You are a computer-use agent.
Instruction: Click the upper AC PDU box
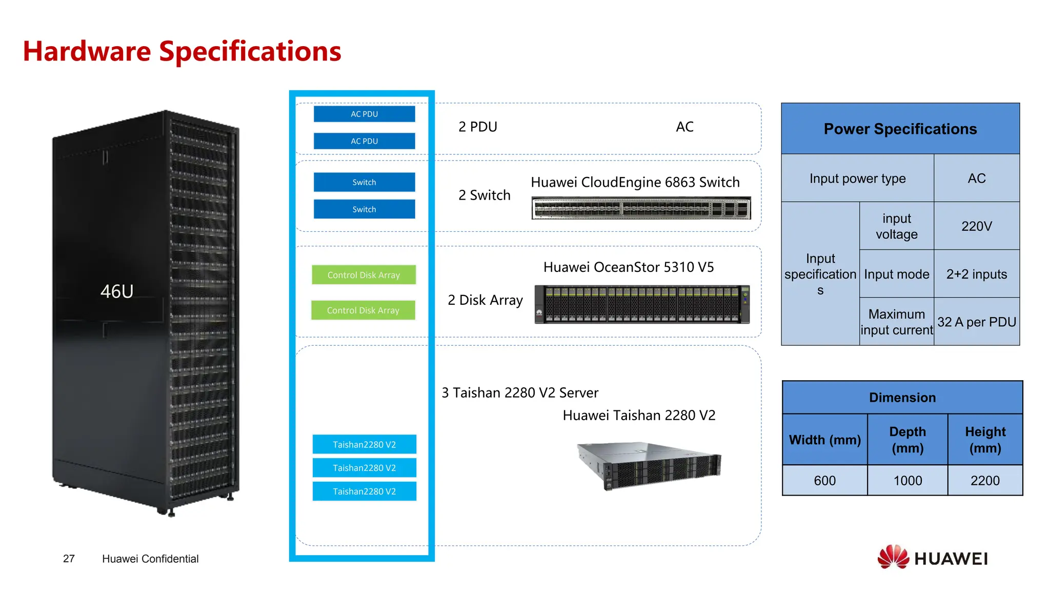click(364, 114)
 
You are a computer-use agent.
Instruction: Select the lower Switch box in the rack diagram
click(364, 209)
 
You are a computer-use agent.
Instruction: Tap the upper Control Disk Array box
click(364, 275)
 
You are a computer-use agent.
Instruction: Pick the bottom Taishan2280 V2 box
click(364, 491)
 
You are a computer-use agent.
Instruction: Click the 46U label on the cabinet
click(117, 291)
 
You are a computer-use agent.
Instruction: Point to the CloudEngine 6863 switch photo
click(641, 208)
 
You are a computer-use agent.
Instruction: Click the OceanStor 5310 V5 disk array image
click(642, 304)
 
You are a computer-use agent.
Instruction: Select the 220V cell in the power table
click(976, 226)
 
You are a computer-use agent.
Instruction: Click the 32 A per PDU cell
click(976, 322)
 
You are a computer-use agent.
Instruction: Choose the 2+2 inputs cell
click(976, 274)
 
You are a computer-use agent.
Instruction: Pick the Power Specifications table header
click(900, 129)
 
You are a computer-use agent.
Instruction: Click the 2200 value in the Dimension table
click(984, 481)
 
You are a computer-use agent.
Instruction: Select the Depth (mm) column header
click(907, 440)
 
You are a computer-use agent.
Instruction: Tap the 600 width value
click(824, 481)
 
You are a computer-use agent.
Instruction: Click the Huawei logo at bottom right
click(933, 558)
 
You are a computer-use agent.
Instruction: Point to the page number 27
click(69, 559)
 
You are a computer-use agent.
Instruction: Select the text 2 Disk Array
click(485, 300)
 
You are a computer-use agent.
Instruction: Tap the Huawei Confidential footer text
click(150, 559)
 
